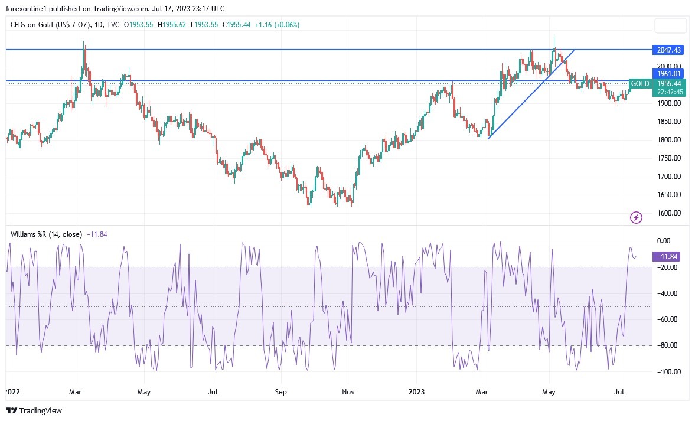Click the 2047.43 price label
pos(667,50)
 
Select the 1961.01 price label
pos(667,74)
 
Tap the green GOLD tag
pos(639,84)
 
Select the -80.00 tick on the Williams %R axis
pos(667,345)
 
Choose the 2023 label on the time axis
pos(417,391)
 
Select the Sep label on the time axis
pos(281,391)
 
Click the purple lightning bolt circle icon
pos(636,218)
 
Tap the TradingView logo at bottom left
pos(34,410)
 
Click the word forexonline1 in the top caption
pos(26,9)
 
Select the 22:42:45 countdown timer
pos(667,92)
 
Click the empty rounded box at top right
pos(671,25)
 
